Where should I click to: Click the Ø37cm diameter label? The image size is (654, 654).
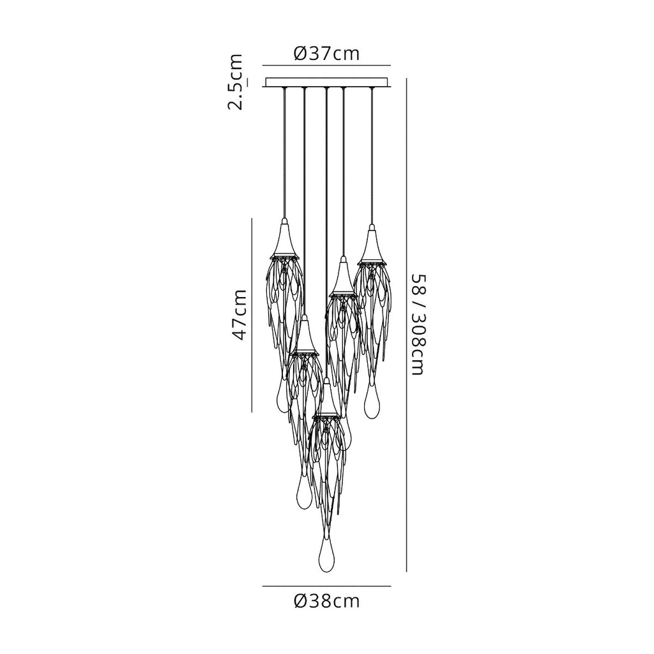pos(326,54)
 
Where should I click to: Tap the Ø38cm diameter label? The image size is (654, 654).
pos(326,601)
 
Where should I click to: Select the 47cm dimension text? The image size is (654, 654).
pos(240,316)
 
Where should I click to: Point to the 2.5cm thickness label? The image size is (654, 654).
pos(235,81)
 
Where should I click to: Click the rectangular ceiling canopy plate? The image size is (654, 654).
pos(326,82)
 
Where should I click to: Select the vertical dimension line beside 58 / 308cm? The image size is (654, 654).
pos(406,325)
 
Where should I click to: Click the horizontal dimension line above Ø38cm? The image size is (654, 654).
pos(326,586)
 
